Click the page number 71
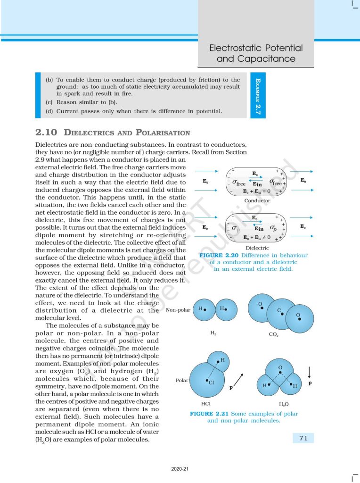pyautogui.click(x=303, y=438)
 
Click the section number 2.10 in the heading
pyautogui.click(x=46, y=133)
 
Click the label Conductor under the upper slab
pyautogui.click(x=257, y=200)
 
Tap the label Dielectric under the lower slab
pyautogui.click(x=257, y=248)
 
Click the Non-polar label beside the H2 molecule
pyautogui.click(x=178, y=310)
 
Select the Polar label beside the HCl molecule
pyautogui.click(x=181, y=380)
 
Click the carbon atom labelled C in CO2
pyautogui.click(x=279, y=311)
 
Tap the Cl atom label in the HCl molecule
pyautogui.click(x=212, y=383)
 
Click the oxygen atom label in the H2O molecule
pyautogui.click(x=280, y=367)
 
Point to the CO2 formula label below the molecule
pyautogui.click(x=273, y=334)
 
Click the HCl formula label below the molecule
pyautogui.click(x=206, y=404)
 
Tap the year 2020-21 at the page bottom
pyautogui.click(x=180, y=469)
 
